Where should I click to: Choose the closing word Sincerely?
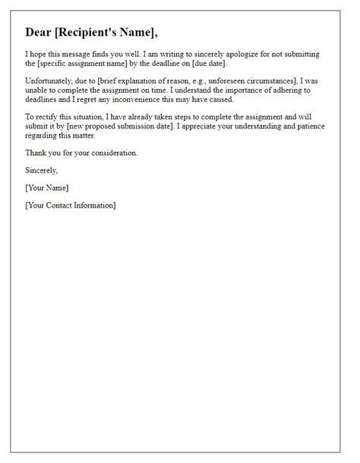point(41,170)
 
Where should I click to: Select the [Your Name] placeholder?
point(47,188)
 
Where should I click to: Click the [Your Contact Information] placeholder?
point(71,205)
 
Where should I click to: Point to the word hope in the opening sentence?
point(38,54)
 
